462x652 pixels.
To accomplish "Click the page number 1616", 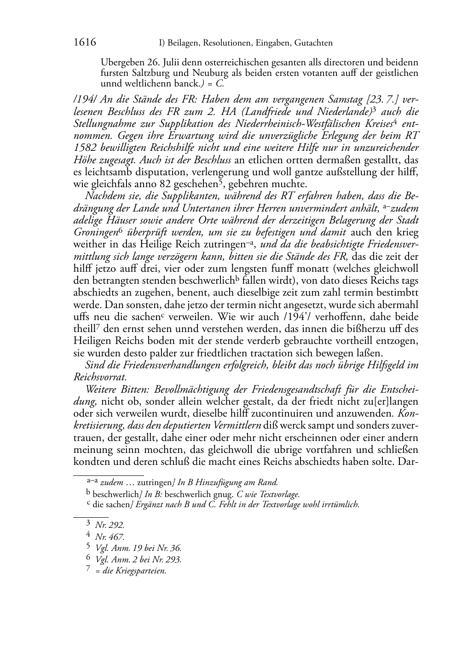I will (85, 43).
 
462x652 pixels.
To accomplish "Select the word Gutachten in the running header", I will (312, 43).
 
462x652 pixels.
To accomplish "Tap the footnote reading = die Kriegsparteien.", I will (131, 571).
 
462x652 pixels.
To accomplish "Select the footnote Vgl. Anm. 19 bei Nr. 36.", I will (138, 548).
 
